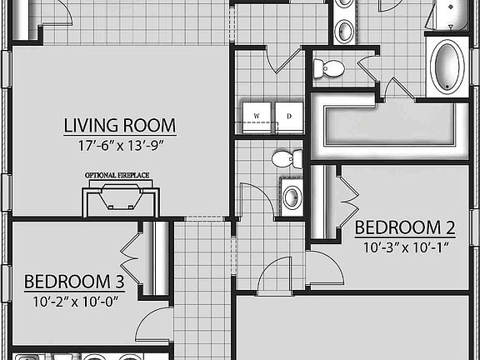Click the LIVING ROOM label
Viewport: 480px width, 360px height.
tap(120, 126)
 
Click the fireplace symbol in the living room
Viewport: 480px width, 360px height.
tap(120, 201)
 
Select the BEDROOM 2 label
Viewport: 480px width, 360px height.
tap(405, 227)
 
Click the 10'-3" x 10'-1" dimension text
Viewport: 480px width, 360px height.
tap(405, 246)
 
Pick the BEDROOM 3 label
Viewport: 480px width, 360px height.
tap(79, 282)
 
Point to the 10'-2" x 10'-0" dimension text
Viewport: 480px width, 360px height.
tap(77, 300)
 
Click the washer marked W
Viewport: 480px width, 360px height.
tap(257, 117)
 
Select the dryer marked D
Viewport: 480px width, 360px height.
tap(289, 117)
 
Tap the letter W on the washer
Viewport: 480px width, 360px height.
tap(257, 116)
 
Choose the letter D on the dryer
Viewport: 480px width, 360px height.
tap(289, 116)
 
